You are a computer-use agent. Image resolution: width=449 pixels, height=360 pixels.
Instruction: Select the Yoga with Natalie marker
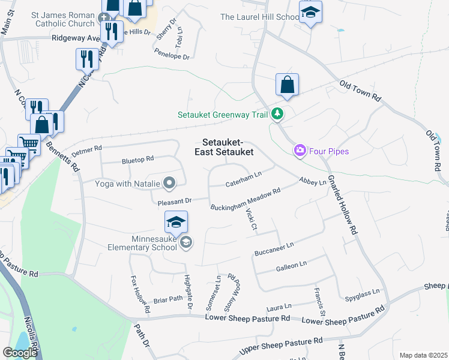pyautogui.click(x=170, y=183)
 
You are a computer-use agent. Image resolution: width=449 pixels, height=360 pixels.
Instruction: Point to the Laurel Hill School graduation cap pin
pyautogui.click(x=310, y=13)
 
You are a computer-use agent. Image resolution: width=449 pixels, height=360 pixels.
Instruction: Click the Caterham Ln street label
pyautogui.click(x=244, y=179)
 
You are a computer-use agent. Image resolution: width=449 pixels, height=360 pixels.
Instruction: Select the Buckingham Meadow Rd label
pyautogui.click(x=246, y=200)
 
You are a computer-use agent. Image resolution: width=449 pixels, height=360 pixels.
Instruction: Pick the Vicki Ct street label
pyautogui.click(x=251, y=219)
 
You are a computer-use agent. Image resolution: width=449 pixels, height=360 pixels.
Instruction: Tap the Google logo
pyautogui.click(x=20, y=353)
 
